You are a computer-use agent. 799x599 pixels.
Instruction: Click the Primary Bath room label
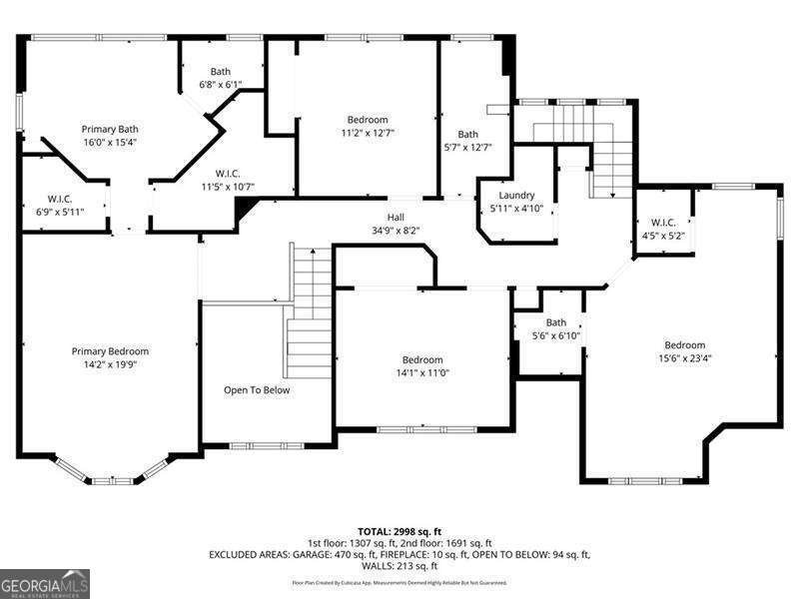coord(110,129)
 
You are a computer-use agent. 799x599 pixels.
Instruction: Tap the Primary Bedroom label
coord(110,351)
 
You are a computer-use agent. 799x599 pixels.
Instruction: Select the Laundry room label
coord(516,196)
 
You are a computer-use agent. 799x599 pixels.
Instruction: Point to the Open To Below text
coord(257,390)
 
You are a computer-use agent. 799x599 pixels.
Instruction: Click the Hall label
coord(397,217)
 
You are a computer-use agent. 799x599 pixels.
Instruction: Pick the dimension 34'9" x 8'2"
coord(397,230)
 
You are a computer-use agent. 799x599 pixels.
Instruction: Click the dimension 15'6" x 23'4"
coord(685,358)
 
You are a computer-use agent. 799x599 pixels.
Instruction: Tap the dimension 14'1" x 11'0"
coord(422,372)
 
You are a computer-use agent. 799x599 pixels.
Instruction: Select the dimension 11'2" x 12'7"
coord(368,133)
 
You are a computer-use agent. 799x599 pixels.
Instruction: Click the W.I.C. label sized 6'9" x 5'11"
coord(60,199)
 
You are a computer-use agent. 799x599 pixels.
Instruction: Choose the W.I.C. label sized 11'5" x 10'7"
coord(228,173)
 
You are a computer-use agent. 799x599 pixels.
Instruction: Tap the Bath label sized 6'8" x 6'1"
coord(221,72)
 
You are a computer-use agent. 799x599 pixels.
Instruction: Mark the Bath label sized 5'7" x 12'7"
coord(467,135)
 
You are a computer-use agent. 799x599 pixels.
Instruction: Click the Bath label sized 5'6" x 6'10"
coord(556,322)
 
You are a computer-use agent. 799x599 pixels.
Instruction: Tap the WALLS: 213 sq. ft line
coord(399,566)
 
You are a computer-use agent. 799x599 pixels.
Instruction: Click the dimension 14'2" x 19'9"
coord(110,364)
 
